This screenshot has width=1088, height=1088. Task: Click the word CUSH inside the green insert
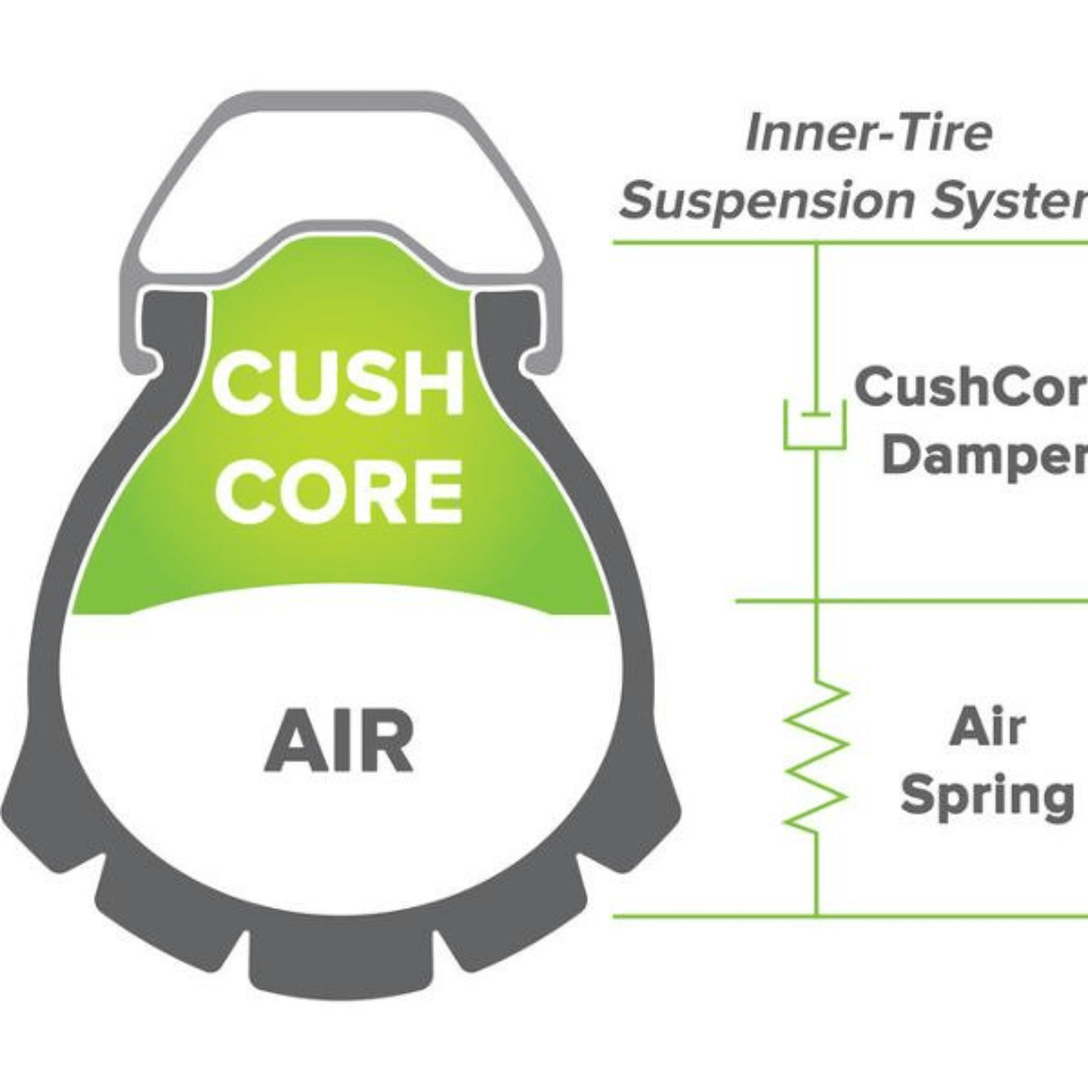pyautogui.click(x=338, y=383)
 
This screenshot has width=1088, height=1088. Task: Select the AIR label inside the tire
pyautogui.click(x=339, y=741)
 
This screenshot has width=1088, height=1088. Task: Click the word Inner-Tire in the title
pyautogui.click(x=868, y=133)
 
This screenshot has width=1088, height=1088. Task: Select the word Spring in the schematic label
pyautogui.click(x=987, y=796)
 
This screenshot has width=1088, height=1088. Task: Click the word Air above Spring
pyautogui.click(x=987, y=727)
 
